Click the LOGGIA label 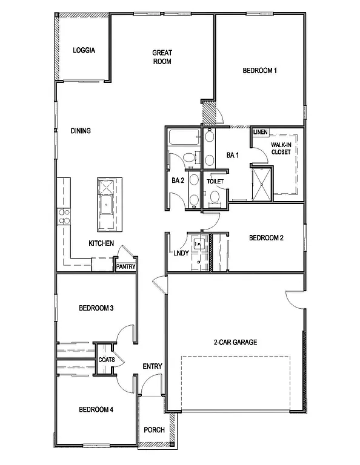[x=84, y=50]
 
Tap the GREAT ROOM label [x=162, y=57]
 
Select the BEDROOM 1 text [x=259, y=71]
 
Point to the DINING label [x=81, y=130]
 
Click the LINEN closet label [x=261, y=132]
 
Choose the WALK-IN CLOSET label [x=281, y=148]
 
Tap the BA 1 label [x=233, y=156]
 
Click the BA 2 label [x=178, y=180]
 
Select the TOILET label [x=215, y=181]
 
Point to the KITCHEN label [x=101, y=243]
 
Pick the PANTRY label [x=126, y=266]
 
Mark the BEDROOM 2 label [x=266, y=238]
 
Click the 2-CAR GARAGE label [x=235, y=342]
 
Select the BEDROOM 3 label [x=96, y=308]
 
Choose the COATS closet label [x=107, y=359]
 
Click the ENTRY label [x=152, y=366]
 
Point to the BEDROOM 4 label [x=96, y=410]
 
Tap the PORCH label [x=154, y=430]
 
